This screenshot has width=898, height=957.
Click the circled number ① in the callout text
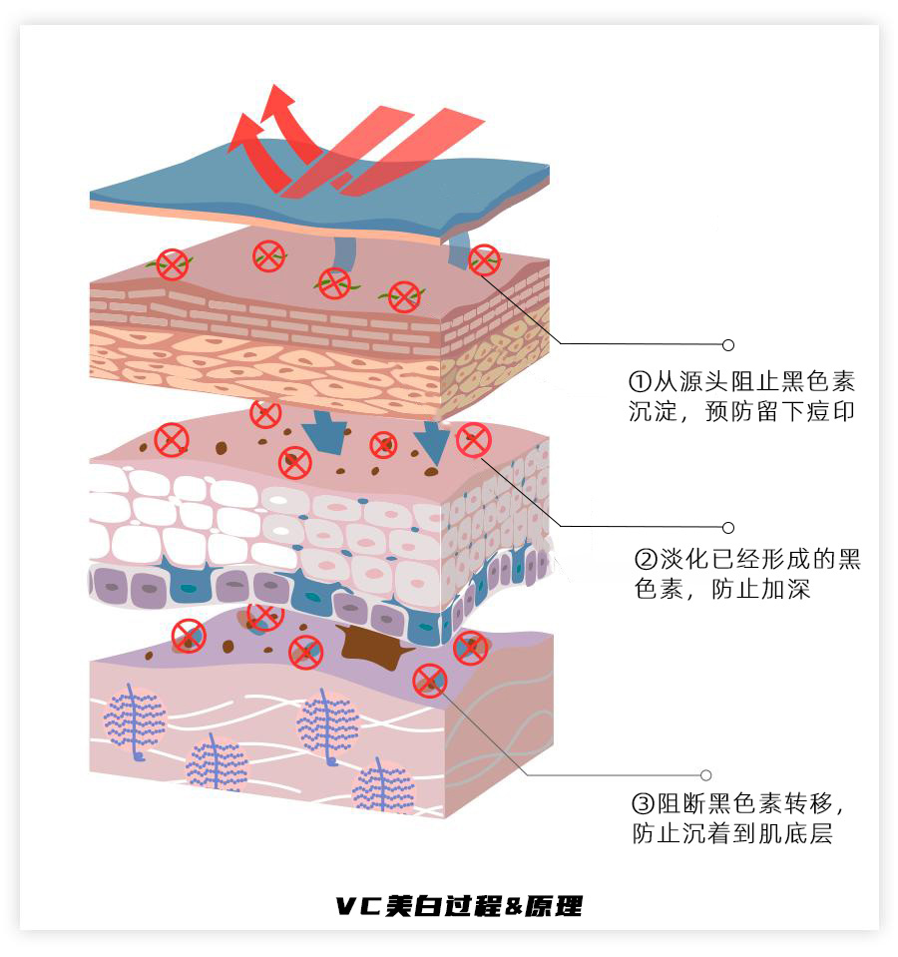pyautogui.click(x=640, y=382)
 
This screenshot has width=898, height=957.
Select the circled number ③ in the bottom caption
pyautogui.click(x=643, y=804)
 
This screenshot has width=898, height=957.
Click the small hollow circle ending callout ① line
pyautogui.click(x=728, y=345)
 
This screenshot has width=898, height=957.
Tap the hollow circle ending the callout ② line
pyautogui.click(x=728, y=528)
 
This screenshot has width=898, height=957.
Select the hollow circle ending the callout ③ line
pyautogui.click(x=706, y=775)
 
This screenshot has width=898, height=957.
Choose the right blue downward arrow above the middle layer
pyautogui.click(x=432, y=440)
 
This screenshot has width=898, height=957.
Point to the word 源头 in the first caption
pyautogui.click(x=702, y=382)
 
